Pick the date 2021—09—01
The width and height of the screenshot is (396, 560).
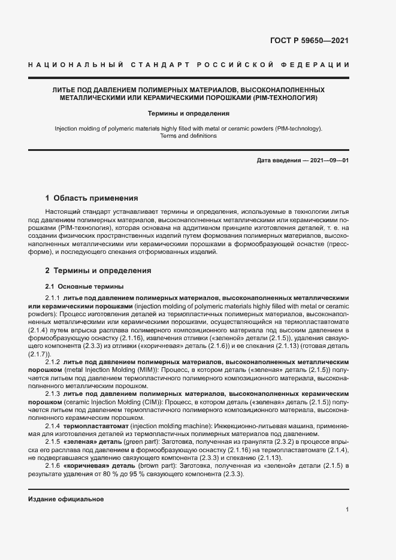click(328, 161)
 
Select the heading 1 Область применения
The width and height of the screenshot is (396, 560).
click(92, 198)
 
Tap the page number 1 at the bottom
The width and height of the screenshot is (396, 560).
click(347, 510)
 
